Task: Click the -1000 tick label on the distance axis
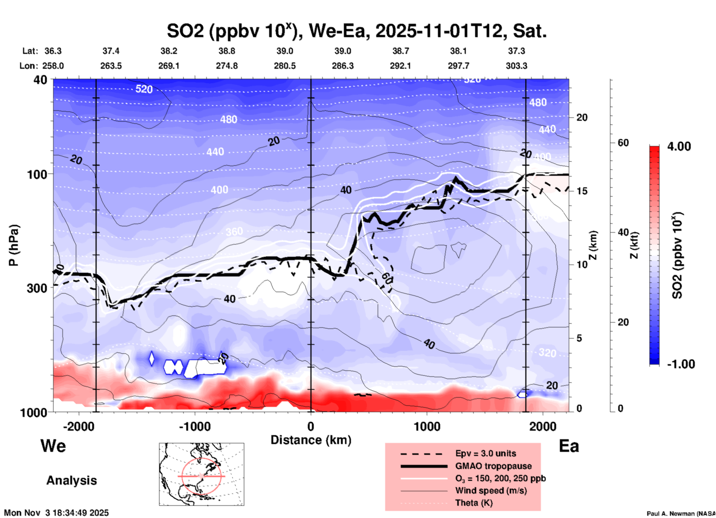[195, 426]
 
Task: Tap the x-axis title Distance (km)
[311, 440]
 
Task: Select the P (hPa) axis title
[14, 245]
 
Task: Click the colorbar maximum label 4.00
[679, 146]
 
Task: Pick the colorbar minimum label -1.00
[681, 364]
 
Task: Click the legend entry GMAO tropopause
[493, 466]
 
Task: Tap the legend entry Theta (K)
[474, 503]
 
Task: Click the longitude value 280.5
[285, 66]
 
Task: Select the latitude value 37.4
[111, 51]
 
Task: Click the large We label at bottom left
[53, 446]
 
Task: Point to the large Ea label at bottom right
[569, 446]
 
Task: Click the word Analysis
[71, 480]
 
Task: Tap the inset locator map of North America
[201, 474]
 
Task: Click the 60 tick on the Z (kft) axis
[623, 143]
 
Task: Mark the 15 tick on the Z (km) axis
[581, 191]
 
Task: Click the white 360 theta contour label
[234, 232]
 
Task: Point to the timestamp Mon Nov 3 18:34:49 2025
[57, 513]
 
